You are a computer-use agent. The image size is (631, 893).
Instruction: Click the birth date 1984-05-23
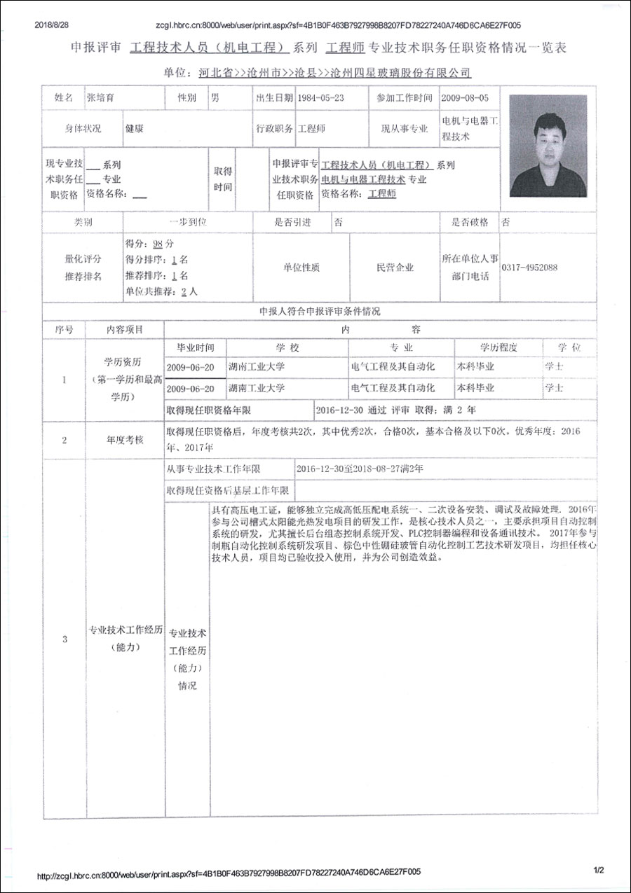click(320, 99)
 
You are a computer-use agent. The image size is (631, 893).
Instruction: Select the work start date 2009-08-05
click(466, 99)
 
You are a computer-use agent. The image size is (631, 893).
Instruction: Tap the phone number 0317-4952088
click(529, 268)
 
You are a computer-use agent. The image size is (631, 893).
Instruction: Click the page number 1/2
click(598, 871)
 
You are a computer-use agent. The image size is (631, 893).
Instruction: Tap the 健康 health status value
click(135, 129)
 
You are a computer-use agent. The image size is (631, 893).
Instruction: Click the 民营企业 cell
click(395, 268)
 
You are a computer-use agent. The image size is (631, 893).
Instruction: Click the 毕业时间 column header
click(195, 348)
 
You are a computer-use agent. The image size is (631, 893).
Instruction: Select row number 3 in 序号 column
click(65, 639)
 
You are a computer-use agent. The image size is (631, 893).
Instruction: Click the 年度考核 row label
click(125, 440)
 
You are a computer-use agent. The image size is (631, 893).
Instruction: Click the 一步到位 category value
click(188, 222)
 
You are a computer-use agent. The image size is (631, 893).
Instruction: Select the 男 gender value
click(215, 99)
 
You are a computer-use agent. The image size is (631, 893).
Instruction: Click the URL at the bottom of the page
click(229, 873)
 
